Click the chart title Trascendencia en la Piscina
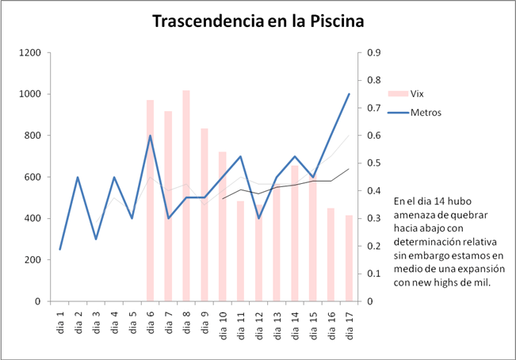pos(258,21)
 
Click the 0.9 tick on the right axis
pos(371,53)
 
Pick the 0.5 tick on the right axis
pos(371,163)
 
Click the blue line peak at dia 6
pos(150,136)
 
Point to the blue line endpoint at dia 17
pos(349,94)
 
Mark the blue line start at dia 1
pos(60,250)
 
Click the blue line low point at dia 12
pos(258,218)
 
